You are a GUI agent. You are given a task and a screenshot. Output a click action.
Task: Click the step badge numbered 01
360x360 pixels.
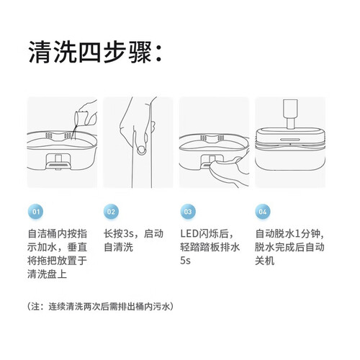click(x=36, y=212)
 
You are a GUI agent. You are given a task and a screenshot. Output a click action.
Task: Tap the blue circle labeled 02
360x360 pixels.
click(x=111, y=212)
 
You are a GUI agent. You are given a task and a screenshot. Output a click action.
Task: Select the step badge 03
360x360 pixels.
click(x=188, y=212)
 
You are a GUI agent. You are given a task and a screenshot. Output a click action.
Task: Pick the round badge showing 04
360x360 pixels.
click(x=263, y=212)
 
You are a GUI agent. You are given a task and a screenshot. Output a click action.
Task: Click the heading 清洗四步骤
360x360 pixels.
click(x=90, y=52)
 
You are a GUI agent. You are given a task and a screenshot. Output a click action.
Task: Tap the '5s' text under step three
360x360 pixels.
click(x=185, y=261)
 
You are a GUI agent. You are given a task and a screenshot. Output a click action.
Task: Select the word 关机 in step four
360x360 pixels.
click(x=265, y=261)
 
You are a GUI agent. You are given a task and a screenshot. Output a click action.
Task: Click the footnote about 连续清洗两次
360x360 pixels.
click(x=100, y=307)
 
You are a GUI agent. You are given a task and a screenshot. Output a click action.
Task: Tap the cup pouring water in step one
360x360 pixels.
click(x=81, y=118)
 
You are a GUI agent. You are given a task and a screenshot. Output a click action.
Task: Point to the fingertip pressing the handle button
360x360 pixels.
click(x=141, y=150)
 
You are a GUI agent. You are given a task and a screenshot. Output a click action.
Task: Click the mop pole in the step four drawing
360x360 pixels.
click(x=290, y=114)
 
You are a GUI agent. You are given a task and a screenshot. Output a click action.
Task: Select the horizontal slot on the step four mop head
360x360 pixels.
click(x=290, y=140)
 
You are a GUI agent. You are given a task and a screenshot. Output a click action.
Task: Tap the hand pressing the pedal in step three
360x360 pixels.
click(x=228, y=171)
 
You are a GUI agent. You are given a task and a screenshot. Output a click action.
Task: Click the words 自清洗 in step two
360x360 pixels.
click(x=118, y=247)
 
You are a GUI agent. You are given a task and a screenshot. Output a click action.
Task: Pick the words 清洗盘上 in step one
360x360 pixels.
click(x=47, y=274)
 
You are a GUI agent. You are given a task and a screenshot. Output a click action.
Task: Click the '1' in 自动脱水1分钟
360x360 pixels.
click(x=297, y=234)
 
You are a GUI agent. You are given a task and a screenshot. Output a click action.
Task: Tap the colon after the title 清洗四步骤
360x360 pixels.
click(x=158, y=55)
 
